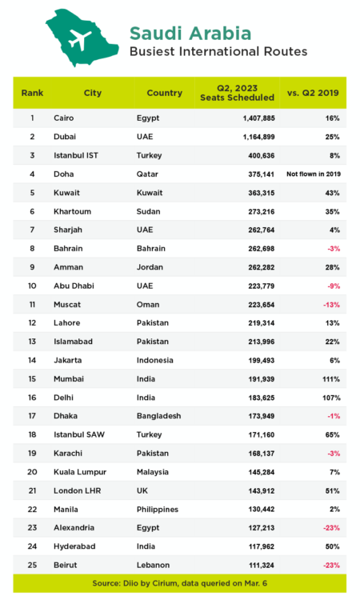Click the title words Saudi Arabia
[x=190, y=33]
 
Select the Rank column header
[x=33, y=93]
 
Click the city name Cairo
[x=64, y=118]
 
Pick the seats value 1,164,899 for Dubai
[x=253, y=136]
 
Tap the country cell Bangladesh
[x=159, y=415]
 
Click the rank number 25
[x=33, y=563]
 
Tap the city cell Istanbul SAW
[x=78, y=434]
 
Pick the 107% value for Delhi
[x=330, y=397]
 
